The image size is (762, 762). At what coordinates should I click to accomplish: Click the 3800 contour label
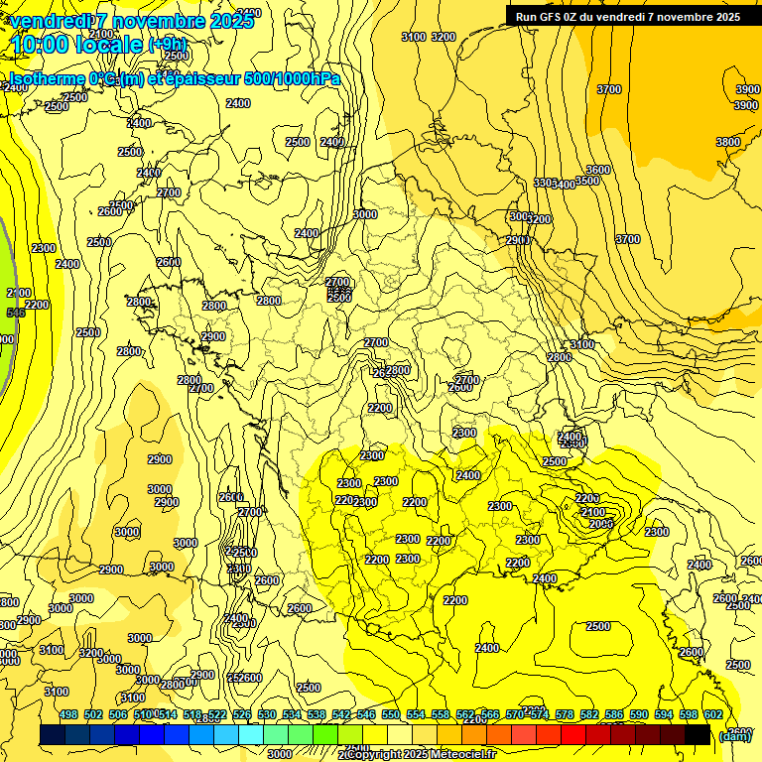(728, 142)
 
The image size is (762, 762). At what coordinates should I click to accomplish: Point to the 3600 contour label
(598, 170)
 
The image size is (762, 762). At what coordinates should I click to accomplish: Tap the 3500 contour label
(587, 181)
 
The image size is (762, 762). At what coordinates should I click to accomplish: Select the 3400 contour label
(565, 185)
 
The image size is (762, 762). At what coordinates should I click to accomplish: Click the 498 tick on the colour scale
(68, 714)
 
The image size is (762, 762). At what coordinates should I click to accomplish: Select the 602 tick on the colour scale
(712, 714)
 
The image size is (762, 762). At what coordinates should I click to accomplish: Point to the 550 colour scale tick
(390, 714)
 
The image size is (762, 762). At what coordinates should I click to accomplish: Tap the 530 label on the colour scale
(267, 714)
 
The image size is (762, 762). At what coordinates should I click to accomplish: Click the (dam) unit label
(735, 735)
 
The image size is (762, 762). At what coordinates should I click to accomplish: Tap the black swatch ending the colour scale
(698, 734)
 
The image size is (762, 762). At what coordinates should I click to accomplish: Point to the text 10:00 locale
(77, 45)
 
